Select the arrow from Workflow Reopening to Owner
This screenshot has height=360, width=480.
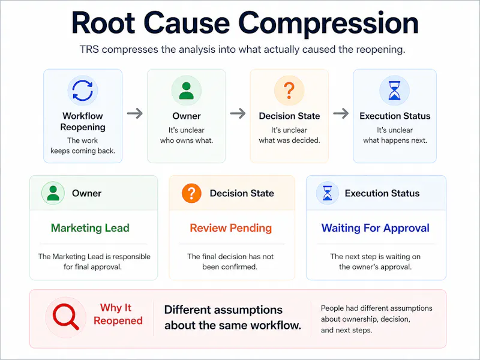(134, 113)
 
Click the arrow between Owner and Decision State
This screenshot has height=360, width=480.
(238, 113)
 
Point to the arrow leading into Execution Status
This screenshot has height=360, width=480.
(341, 113)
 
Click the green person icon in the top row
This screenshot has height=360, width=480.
(186, 91)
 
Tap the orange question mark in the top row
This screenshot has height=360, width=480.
(289, 91)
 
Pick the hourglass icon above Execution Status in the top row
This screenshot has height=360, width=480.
(395, 91)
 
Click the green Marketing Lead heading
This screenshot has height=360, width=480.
(90, 228)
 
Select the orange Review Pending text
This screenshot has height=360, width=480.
(231, 228)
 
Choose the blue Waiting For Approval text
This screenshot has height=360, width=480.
(376, 228)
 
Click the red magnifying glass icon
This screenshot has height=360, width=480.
(65, 317)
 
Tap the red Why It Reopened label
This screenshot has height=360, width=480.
(118, 314)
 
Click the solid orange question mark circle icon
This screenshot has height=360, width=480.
(191, 193)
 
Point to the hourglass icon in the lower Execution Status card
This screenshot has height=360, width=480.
(327, 193)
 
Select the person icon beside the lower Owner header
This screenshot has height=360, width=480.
(53, 193)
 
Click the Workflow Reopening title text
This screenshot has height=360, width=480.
(83, 121)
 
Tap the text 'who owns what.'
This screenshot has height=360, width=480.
(187, 140)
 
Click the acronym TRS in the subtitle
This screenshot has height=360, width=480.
(89, 49)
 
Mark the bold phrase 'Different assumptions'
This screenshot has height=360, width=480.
(223, 310)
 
